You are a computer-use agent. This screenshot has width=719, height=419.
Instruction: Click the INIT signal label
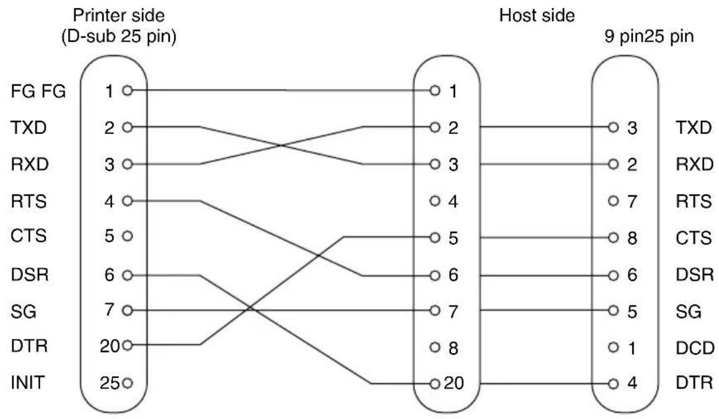[x=27, y=382]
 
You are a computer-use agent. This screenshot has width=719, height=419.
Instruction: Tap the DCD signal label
[x=695, y=348]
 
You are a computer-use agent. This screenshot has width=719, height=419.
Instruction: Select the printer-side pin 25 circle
[x=128, y=383]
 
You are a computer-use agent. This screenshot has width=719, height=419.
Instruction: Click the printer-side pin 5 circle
[x=128, y=236]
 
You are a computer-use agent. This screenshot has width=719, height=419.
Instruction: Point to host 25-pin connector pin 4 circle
[x=434, y=201]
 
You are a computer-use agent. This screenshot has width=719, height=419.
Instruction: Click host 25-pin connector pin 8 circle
[x=434, y=348]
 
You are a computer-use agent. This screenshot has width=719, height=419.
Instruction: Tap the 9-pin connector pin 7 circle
[x=613, y=201]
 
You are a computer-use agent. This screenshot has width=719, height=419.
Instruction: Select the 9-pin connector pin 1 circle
[x=613, y=348]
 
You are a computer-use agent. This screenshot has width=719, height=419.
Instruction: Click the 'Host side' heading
[x=537, y=15]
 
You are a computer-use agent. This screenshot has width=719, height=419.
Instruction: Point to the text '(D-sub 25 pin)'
[x=119, y=36]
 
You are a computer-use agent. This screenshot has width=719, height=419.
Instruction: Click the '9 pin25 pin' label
[x=649, y=36]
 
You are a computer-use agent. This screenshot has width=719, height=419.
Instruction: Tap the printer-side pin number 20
[x=110, y=346]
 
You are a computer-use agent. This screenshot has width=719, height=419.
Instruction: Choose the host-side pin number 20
[x=454, y=383]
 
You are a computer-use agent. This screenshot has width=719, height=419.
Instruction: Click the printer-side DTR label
[x=29, y=346]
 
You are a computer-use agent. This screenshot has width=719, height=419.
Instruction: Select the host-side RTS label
[x=694, y=201]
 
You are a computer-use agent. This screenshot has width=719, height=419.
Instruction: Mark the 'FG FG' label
[x=38, y=91]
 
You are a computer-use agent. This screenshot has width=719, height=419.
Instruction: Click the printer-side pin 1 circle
[x=128, y=90]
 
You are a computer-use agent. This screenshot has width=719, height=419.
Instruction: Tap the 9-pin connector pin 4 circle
[x=613, y=384]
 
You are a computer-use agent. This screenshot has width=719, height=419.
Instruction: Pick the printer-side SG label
[x=24, y=312]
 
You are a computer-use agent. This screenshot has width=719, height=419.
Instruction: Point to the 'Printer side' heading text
[x=119, y=15]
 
